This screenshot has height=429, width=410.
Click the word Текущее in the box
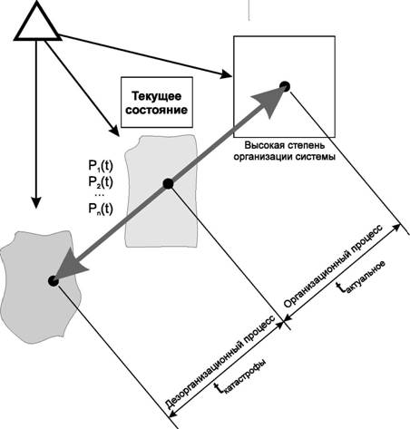pyautogui.click(x=157, y=96)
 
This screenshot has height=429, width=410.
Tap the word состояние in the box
pyautogui.click(x=157, y=110)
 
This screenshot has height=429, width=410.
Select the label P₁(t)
pyautogui.click(x=101, y=166)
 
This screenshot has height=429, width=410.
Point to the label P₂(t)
pyautogui.click(x=101, y=182)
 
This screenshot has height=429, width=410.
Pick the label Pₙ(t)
pyautogui.click(x=101, y=210)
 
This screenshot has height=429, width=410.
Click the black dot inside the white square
pyautogui.click(x=285, y=87)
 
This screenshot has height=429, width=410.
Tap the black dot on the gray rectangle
pyautogui.click(x=168, y=183)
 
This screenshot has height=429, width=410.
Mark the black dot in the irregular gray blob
pyautogui.click(x=54, y=281)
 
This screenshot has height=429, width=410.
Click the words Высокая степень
pyautogui.click(x=285, y=145)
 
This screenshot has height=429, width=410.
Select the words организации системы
pyautogui.click(x=285, y=157)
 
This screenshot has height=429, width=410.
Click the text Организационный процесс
pyautogui.click(x=333, y=266)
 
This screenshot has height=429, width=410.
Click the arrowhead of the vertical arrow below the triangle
pyautogui.click(x=36, y=202)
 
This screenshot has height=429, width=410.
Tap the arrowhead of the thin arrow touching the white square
pyautogui.click(x=225, y=74)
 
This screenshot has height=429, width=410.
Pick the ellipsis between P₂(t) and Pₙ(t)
pyautogui.click(x=99, y=196)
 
